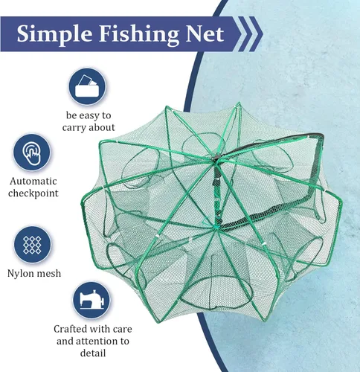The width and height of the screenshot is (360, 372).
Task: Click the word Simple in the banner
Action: [x=54, y=34]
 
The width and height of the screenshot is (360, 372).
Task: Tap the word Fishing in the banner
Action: [x=138, y=34]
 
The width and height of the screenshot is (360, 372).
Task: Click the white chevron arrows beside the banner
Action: [x=249, y=34]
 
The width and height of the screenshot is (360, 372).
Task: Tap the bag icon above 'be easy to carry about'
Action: [x=87, y=86]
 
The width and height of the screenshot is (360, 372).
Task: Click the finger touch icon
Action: [x=32, y=152]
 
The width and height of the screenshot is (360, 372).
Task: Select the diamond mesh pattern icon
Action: [x=32, y=245]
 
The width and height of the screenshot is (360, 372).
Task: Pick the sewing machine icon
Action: [x=91, y=301]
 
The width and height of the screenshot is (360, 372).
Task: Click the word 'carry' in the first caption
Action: [x=74, y=128]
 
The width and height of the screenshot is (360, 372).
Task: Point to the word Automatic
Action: [x=33, y=181]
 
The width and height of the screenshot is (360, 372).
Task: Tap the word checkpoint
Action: [x=33, y=193]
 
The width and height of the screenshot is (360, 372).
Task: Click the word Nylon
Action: [x=21, y=274]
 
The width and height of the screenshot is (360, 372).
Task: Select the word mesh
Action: [x=48, y=273]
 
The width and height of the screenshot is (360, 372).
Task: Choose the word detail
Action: [x=93, y=353]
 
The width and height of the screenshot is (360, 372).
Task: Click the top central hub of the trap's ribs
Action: [x=216, y=158]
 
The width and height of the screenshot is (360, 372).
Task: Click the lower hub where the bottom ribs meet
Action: [x=216, y=226]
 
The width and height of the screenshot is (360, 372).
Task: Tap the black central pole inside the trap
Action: [x=217, y=191]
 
